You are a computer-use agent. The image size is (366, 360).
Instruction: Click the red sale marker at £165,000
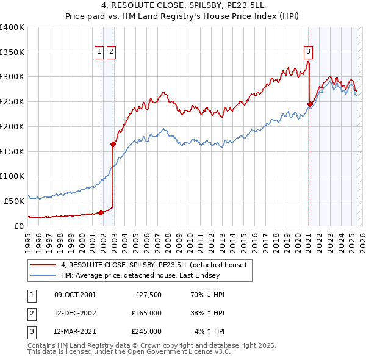[113, 145]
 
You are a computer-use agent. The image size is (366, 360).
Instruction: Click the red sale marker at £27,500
[101, 212]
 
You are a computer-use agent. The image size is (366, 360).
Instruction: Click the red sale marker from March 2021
[310, 104]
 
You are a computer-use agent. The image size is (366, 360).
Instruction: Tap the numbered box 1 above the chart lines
[99, 52]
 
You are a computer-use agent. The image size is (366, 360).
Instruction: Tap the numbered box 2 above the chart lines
[111, 52]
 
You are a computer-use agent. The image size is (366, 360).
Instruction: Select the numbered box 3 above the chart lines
[309, 52]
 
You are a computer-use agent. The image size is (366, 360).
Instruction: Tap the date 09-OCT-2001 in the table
[74, 295]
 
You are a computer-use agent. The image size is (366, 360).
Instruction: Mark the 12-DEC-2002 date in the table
[74, 313]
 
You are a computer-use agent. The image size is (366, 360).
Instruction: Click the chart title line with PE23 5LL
[183, 7]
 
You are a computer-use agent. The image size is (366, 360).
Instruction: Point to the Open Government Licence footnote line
[129, 352]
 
